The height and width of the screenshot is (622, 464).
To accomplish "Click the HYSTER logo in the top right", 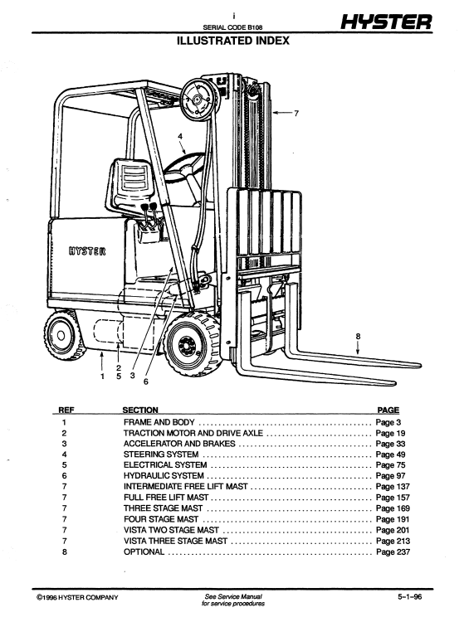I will point(387,23).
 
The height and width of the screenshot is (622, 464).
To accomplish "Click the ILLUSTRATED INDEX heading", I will point(233,40).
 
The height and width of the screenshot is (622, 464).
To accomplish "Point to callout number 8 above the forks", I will point(358,336).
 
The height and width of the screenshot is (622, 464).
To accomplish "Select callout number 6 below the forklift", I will point(146,382).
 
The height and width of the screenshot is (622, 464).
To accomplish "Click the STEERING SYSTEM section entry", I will point(160,454).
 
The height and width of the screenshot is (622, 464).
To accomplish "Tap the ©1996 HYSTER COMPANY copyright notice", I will point(77,597).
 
